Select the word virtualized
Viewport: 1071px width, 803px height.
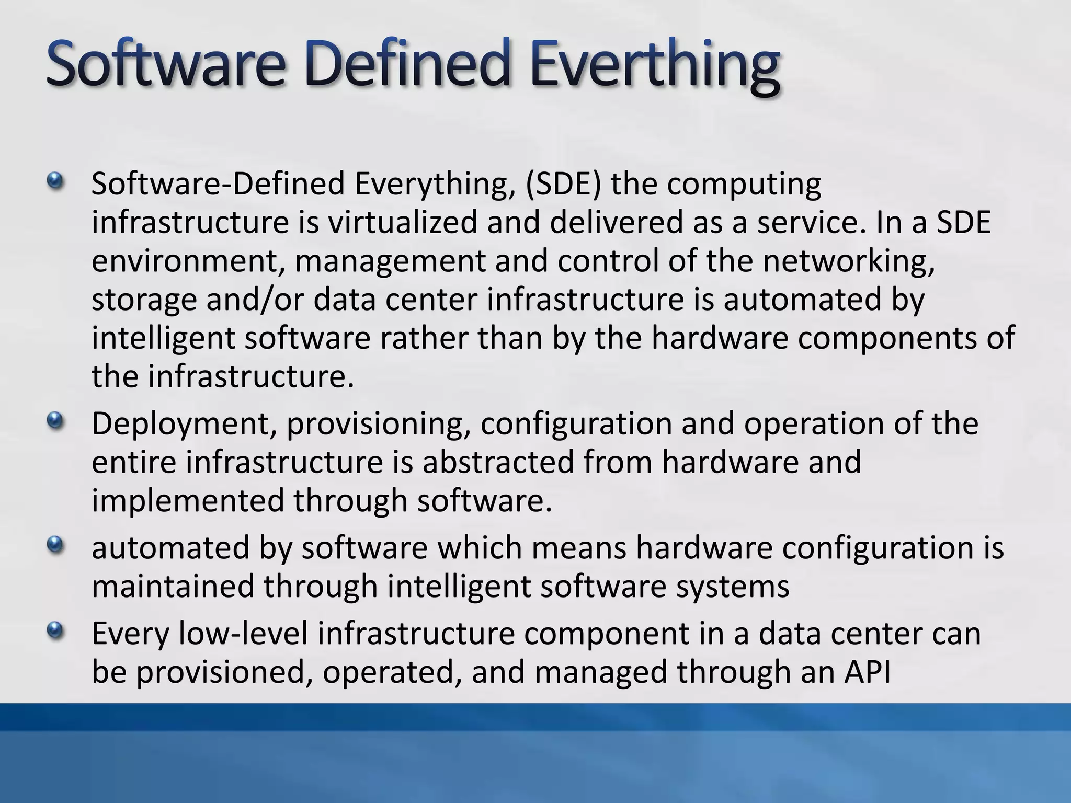403,222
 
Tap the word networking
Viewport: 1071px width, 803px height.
848,260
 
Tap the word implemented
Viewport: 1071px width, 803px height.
188,500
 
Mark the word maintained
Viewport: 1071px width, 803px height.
173,586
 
